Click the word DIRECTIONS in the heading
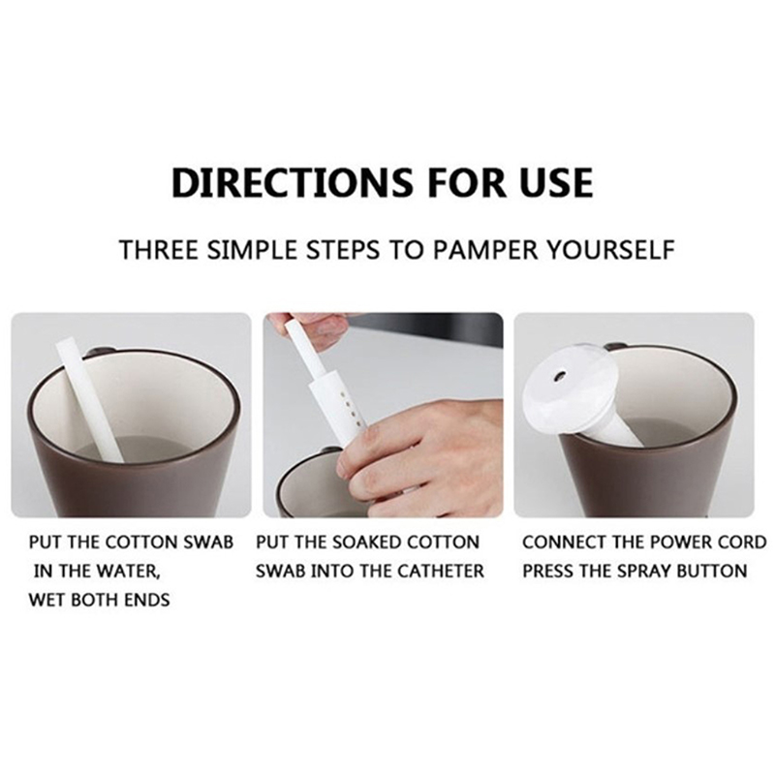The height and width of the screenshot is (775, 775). [292, 182]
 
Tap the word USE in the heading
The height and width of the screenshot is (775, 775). [556, 182]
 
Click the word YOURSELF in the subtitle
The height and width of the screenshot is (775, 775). [610, 250]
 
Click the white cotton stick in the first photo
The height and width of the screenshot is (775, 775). [89, 399]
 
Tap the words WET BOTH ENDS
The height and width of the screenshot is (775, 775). [99, 600]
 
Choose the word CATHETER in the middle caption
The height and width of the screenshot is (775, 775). [441, 572]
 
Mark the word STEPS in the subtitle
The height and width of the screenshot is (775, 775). [343, 250]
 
